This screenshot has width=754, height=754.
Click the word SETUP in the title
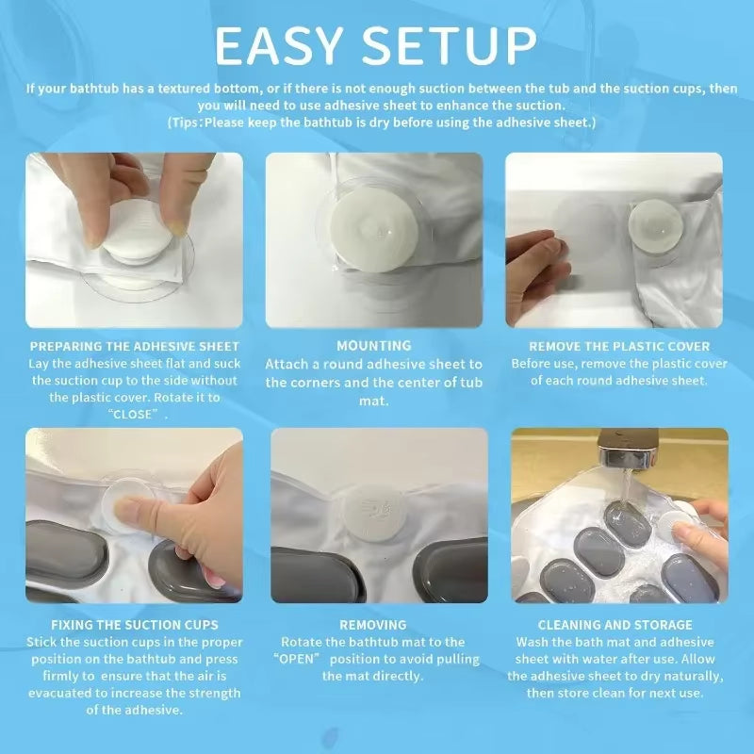(x=451, y=45)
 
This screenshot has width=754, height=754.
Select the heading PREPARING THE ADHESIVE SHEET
(x=135, y=346)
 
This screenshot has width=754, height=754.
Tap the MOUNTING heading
(x=374, y=346)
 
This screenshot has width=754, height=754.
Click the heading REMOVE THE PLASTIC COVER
(x=619, y=346)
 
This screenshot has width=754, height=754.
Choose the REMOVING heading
(x=373, y=625)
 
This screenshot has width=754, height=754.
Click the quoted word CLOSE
(x=135, y=415)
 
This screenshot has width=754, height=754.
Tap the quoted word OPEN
(x=307, y=659)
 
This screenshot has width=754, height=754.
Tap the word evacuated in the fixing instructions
(x=65, y=693)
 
